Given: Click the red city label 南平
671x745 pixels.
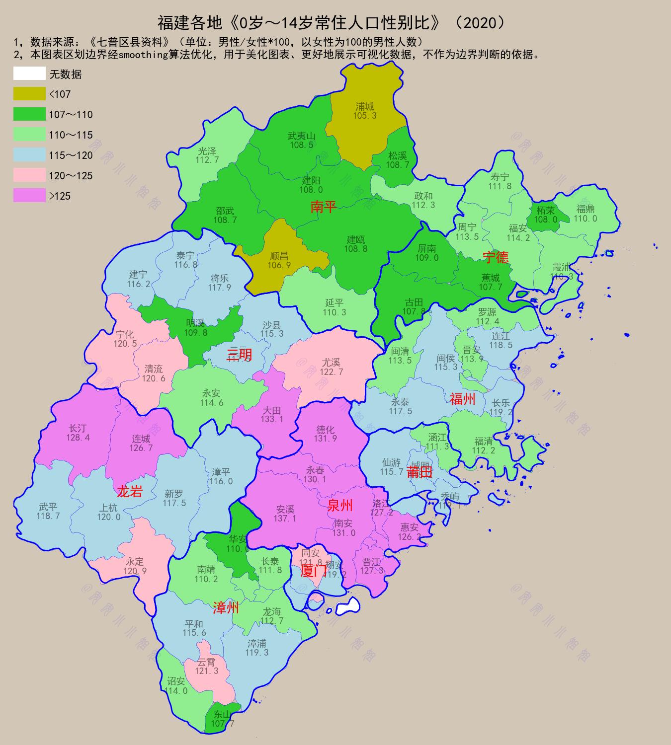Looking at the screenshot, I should click(324, 207).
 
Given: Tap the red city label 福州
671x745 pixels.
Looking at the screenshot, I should click(462, 399).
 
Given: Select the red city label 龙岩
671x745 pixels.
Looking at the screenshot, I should click(130, 492).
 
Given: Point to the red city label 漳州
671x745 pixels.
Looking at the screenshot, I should click(226, 607).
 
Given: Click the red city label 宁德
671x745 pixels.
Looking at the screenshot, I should click(496, 257).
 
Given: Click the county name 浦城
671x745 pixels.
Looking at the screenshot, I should click(365, 106).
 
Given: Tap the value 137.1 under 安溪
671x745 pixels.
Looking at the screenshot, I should click(285, 519).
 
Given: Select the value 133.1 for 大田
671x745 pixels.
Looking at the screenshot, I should click(272, 419).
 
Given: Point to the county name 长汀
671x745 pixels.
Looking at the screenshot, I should click(78, 428).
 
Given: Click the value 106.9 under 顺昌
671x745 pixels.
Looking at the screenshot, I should click(279, 265).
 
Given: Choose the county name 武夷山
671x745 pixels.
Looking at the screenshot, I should click(301, 136).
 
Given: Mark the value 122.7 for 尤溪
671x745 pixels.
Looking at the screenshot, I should click(332, 372).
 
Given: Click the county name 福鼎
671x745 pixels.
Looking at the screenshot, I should click(586, 209).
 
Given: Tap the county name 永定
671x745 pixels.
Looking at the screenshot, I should click(135, 562).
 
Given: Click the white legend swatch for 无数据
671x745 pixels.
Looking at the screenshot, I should click(29, 74).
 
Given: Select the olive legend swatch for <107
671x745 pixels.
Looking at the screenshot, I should click(29, 94).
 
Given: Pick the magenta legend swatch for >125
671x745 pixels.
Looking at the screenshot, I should click(29, 196).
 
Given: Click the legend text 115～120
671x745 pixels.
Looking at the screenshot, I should click(71, 155).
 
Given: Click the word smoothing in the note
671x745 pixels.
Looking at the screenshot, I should click(142, 55).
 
